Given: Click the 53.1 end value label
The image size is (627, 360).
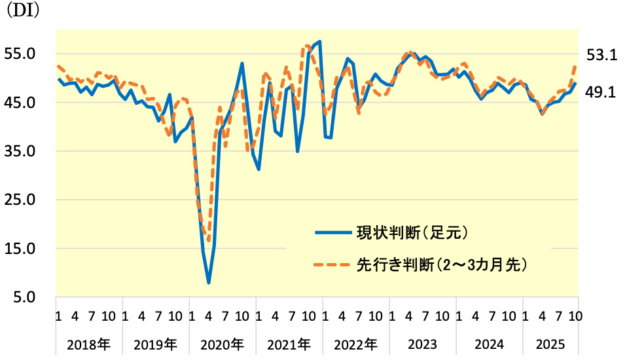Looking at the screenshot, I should coord(601,56).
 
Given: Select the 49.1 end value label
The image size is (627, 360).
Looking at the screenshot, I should coord(601,92).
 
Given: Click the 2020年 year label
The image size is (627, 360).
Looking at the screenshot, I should coord(222,344).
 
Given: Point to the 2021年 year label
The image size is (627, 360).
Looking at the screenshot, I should coord(289,344).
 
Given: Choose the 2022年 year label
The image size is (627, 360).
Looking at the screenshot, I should coord(355,344).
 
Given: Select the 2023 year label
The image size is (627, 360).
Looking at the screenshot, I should coord(422,344).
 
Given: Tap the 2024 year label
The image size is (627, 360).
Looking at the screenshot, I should coord(489,344).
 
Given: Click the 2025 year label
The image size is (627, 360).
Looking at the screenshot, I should coord(549,344).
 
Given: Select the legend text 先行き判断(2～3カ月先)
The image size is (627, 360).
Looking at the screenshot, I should coord(442,264).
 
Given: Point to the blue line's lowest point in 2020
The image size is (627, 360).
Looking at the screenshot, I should coord(209,283).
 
